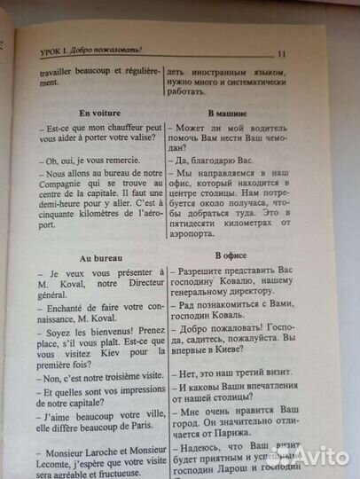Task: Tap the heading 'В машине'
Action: click(229, 115)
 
